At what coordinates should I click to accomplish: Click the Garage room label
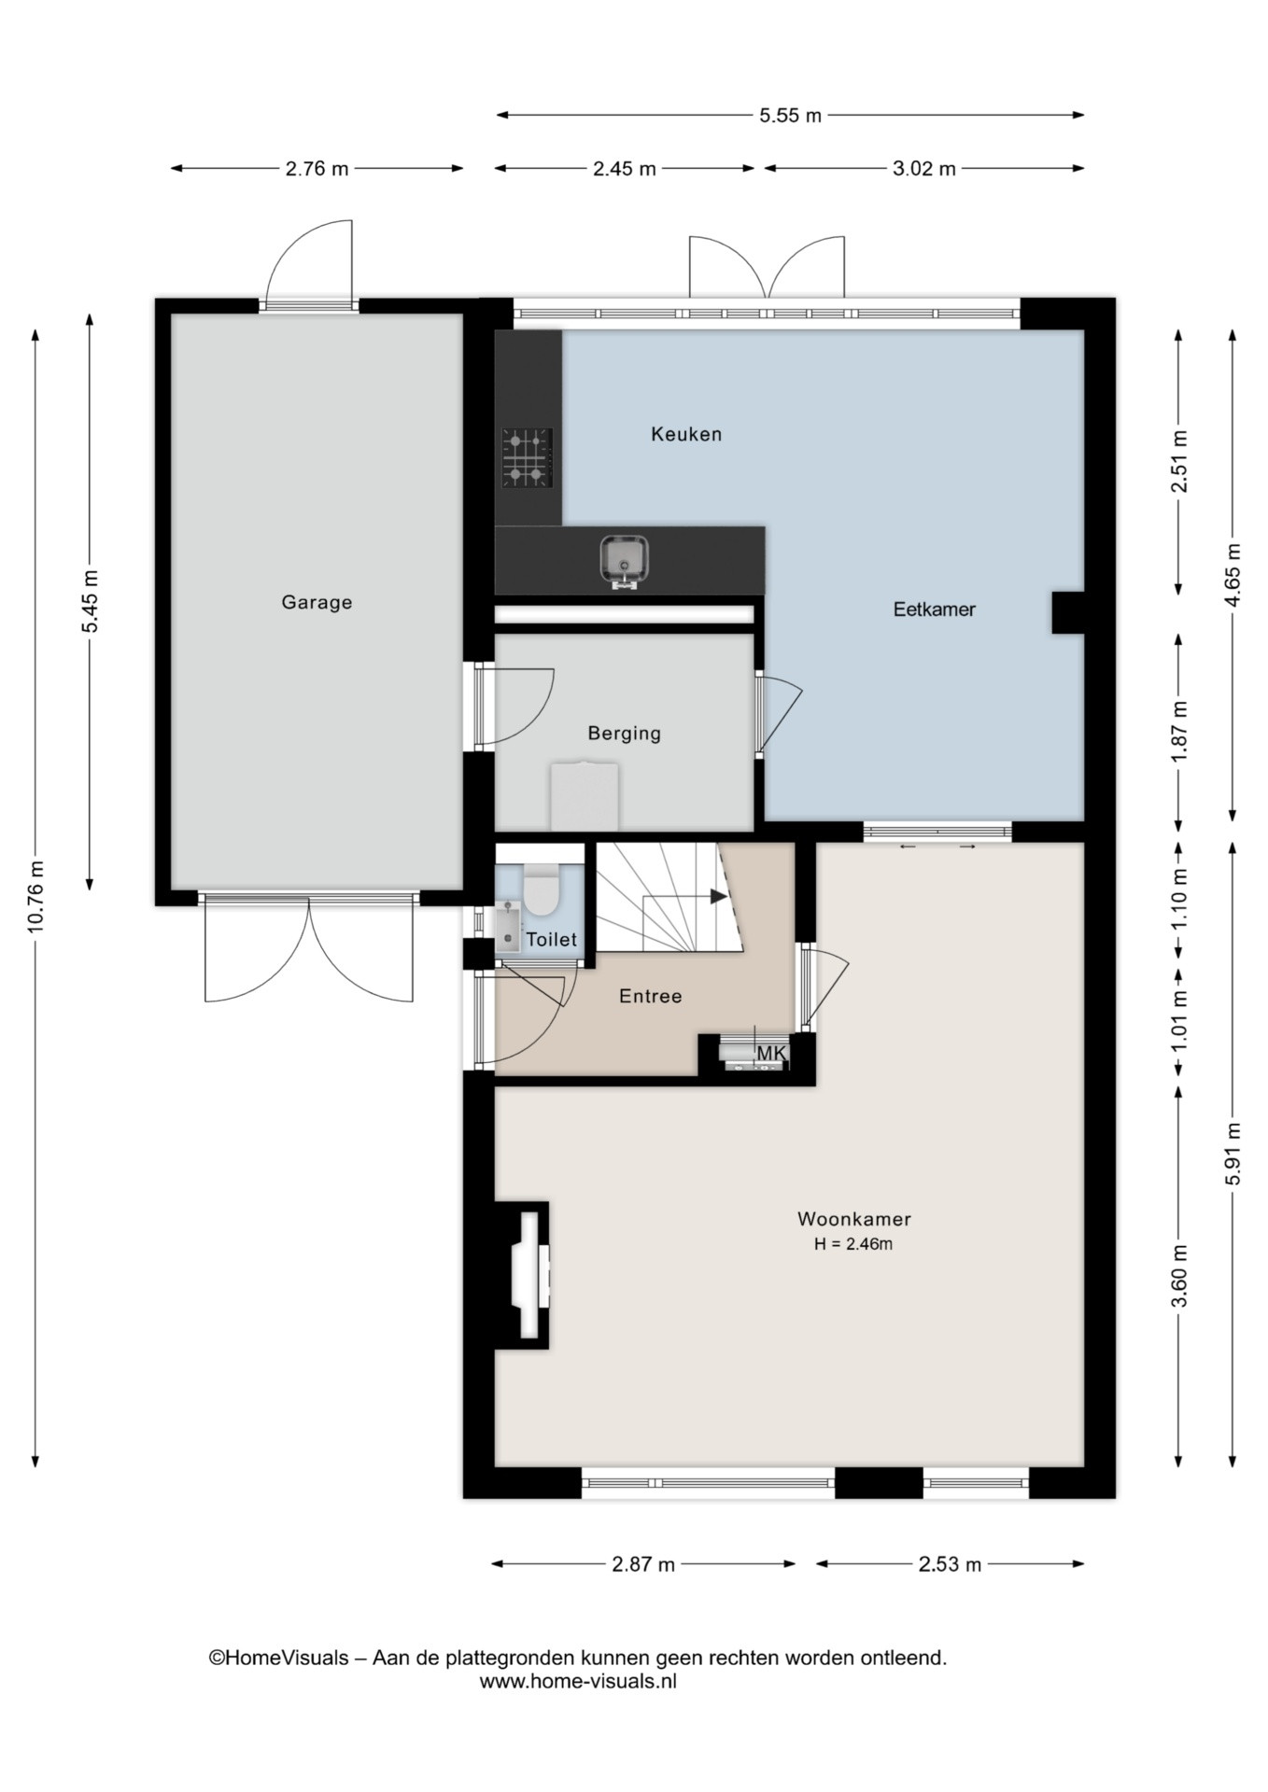[317, 603]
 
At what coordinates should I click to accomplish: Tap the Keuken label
[686, 434]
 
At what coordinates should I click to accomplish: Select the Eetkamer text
[934, 609]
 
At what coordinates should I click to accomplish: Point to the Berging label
[624, 734]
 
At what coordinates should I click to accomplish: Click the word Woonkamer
[854, 1219]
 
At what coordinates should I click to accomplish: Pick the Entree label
[650, 997]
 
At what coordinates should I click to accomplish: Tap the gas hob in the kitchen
[527, 457]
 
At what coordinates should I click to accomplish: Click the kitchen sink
[625, 560]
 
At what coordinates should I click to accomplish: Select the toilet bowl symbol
[540, 889]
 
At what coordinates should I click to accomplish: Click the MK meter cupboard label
[771, 1054]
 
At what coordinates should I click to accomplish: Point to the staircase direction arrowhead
[718, 896]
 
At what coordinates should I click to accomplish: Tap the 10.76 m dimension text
[36, 895]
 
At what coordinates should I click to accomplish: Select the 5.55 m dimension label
[790, 116]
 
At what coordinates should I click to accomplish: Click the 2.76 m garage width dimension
[317, 169]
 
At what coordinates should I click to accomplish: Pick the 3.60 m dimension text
[1179, 1276]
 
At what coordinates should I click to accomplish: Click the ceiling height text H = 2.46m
[853, 1244]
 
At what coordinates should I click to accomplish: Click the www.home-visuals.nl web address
[578, 1681]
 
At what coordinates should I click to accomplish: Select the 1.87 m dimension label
[1179, 731]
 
